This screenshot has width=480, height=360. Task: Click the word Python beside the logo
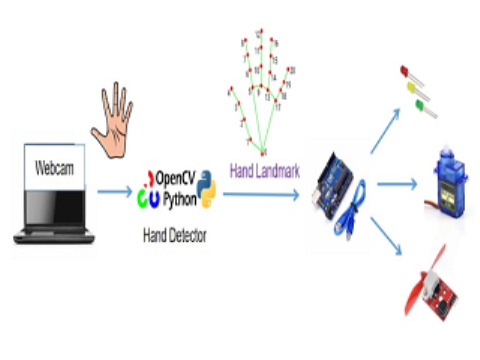pos(177,189)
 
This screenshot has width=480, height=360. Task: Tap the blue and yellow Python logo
pos(207,188)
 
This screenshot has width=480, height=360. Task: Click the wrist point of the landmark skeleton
pos(263,152)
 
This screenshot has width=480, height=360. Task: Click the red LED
pos(404,72)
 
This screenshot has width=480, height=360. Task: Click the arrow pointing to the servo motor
pos(396,183)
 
